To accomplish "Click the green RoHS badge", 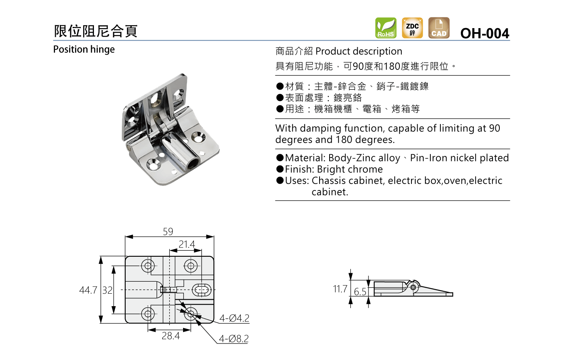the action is click(386, 28).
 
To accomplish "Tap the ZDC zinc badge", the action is click(412, 28).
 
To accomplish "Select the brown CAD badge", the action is click(439, 28).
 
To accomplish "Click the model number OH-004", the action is click(485, 33).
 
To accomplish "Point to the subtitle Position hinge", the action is click(84, 49).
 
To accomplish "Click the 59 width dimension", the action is click(168, 231).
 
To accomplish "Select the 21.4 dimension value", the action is click(187, 244).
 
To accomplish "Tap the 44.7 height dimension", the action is click(88, 290).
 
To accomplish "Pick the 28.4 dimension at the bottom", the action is click(171, 336).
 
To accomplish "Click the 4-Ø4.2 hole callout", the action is click(234, 318).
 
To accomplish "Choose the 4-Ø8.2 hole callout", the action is click(234, 339).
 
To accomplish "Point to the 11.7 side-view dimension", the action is click(340, 289).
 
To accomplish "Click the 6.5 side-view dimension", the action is click(360, 292).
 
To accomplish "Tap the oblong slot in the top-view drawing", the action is click(202, 290).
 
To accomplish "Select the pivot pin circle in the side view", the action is click(413, 287).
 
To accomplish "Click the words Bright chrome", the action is click(350, 170).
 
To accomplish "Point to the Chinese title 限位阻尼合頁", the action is click(96, 31).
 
